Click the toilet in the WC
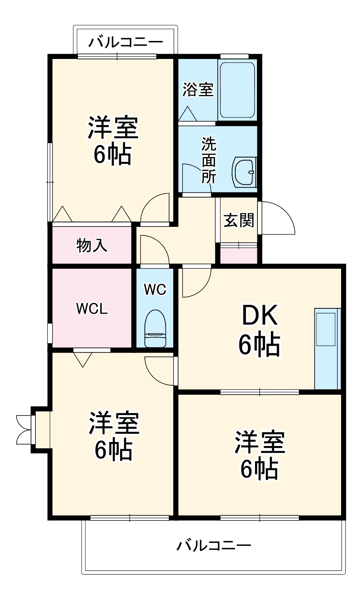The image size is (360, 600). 155,328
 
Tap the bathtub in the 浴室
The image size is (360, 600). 237,89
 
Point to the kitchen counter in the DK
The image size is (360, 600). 327,348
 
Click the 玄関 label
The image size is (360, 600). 239,220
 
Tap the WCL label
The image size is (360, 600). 91,309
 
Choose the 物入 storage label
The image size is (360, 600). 91,245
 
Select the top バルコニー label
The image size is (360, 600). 125,43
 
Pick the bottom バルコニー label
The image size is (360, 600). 213,546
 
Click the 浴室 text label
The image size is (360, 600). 198,90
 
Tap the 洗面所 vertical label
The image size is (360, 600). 208,161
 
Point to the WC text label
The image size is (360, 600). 155,289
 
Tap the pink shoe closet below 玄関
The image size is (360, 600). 239,255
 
